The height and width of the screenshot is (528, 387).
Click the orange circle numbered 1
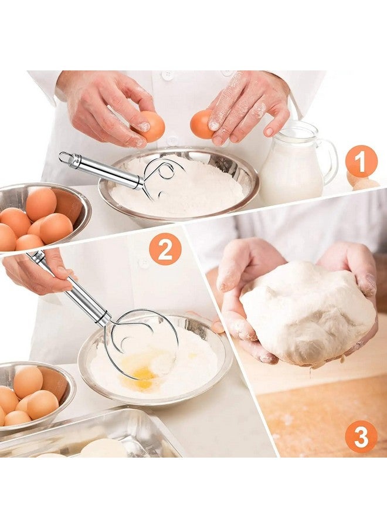(361, 161)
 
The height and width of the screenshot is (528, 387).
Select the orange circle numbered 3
(361, 436)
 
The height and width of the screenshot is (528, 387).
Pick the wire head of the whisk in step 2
(144, 343)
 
